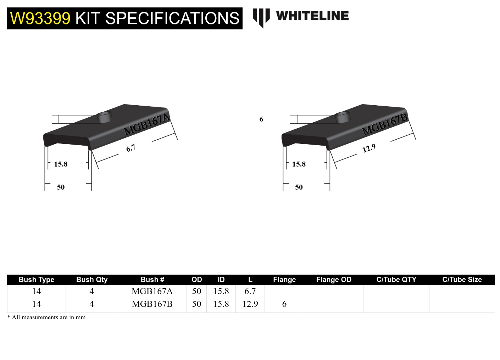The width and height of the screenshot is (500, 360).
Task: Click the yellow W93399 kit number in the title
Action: click(40, 18)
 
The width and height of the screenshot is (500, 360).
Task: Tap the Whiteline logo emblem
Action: click(261, 17)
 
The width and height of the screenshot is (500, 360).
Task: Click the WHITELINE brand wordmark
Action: click(312, 16)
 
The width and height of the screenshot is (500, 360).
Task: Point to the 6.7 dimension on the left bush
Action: click(130, 148)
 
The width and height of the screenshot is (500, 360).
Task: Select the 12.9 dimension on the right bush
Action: click(369, 148)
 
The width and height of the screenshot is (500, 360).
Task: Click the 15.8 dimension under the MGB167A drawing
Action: click(61, 164)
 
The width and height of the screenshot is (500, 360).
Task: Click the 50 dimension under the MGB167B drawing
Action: click(299, 187)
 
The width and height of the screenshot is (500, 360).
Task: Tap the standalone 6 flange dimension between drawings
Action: click(261, 119)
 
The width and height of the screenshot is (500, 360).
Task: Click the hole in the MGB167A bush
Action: click(104, 117)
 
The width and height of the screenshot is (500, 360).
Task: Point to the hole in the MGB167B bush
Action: click(343, 117)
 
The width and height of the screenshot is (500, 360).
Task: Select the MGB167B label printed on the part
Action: click(385, 124)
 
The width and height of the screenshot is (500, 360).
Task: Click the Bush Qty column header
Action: click(92, 280)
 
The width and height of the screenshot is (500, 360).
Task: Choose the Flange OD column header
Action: click(334, 280)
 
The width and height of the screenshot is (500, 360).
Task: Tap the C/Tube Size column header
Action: click(462, 280)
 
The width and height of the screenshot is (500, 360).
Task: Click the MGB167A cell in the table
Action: click(152, 291)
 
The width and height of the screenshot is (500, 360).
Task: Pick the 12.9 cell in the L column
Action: click(250, 304)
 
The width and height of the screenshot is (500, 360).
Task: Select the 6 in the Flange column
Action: click(284, 304)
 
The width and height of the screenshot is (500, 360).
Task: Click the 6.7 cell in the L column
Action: click(250, 291)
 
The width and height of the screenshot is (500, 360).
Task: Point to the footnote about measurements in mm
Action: click(46, 317)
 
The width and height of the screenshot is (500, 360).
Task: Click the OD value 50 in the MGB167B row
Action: click(196, 304)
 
